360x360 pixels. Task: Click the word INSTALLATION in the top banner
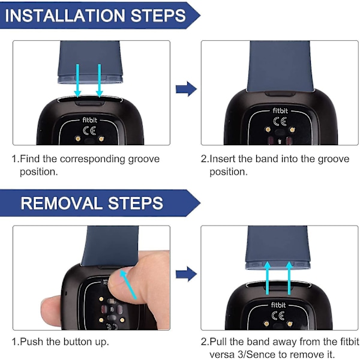65,16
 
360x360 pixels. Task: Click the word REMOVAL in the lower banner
61,203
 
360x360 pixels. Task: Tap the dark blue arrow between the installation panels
186,89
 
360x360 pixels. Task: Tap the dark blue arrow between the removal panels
186,274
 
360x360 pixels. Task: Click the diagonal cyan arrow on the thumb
128,284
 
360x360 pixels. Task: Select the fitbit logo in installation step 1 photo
90,120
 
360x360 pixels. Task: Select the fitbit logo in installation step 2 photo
280,110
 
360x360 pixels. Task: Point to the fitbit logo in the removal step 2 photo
278,305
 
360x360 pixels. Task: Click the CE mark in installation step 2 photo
280,121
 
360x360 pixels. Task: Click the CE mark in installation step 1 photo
89,131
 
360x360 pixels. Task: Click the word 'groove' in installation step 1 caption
144,160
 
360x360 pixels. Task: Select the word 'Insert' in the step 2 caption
223,158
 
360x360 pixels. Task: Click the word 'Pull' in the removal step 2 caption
218,341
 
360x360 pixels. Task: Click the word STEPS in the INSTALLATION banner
158,16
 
